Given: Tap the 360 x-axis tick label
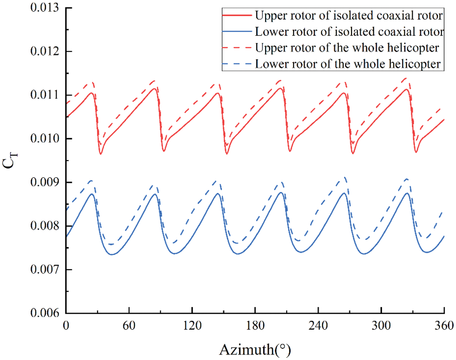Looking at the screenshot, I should [443, 325].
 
